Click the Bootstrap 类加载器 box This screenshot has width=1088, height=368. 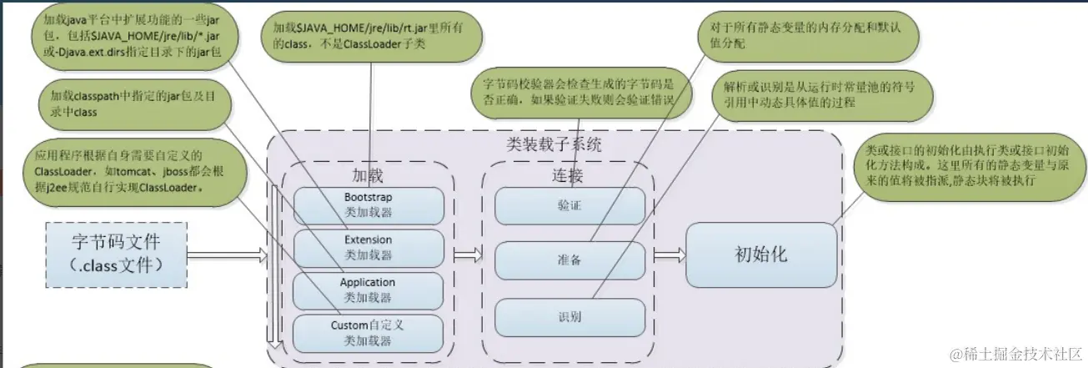click(368, 204)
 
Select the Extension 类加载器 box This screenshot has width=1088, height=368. click(368, 247)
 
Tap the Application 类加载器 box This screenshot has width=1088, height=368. click(368, 290)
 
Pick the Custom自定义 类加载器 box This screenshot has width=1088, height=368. click(368, 332)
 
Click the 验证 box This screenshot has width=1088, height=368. click(569, 205)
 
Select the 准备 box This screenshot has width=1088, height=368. click(569, 260)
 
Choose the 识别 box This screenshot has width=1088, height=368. click(569, 316)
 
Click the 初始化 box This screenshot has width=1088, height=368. click(760, 255)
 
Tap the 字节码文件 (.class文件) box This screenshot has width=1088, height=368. click(117, 254)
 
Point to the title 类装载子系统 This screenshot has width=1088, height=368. click(554, 144)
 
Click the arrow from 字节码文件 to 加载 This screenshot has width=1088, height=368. click(225, 255)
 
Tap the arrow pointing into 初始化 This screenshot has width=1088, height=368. click(669, 255)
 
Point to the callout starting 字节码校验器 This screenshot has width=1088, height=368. click(578, 93)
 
